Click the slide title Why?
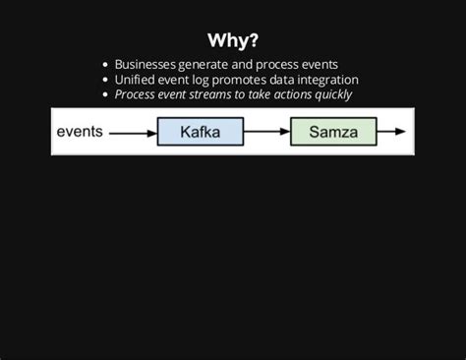tap(233, 40)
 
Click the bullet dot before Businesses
tap(105, 65)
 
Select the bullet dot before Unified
tap(105, 80)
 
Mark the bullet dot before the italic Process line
tap(105, 95)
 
